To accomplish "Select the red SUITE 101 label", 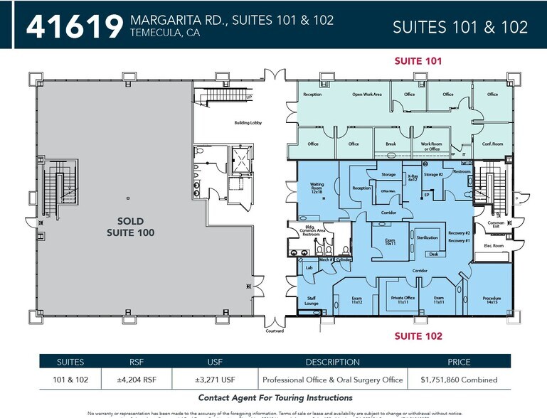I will pyautogui.click(x=418, y=61).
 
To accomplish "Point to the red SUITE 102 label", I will pyautogui.click(x=418, y=336).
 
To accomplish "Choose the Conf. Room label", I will pyautogui.click(x=492, y=144).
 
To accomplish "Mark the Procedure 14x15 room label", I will pyautogui.click(x=492, y=300).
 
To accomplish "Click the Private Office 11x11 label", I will pyautogui.click(x=403, y=299).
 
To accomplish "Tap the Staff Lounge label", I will pyautogui.click(x=312, y=301).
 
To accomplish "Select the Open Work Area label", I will pyautogui.click(x=367, y=94).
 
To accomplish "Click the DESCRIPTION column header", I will pyautogui.click(x=333, y=362).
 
